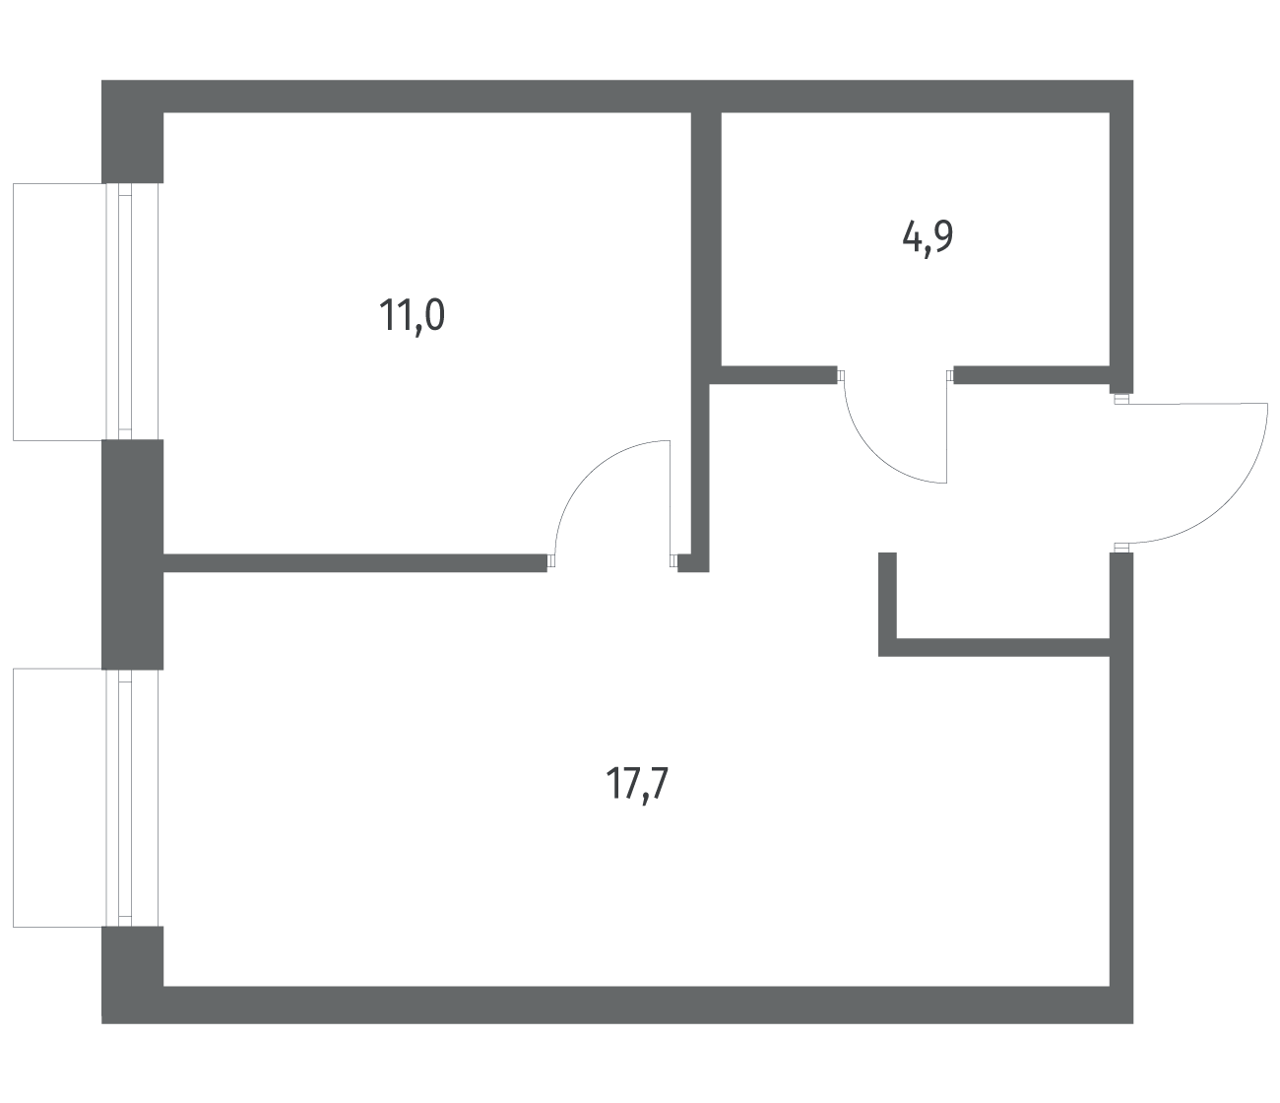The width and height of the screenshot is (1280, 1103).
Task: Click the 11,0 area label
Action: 412,316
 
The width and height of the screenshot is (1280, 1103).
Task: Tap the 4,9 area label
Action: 928,238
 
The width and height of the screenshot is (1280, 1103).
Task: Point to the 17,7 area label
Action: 637,784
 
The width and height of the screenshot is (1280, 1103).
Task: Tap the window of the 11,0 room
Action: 132,311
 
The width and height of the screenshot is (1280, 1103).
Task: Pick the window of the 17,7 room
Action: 132,798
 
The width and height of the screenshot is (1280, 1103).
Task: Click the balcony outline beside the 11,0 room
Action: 14,311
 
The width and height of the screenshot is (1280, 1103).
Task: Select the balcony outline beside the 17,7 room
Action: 14,798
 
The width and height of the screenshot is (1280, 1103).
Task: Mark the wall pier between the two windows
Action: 132,554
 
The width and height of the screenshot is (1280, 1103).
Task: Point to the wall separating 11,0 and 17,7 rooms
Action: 354,562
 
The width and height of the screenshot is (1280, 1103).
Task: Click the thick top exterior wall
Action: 617,96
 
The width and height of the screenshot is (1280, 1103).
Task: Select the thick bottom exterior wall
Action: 617,1005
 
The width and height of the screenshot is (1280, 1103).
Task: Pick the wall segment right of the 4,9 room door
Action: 1032,374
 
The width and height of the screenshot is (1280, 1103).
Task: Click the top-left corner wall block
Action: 132,131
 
